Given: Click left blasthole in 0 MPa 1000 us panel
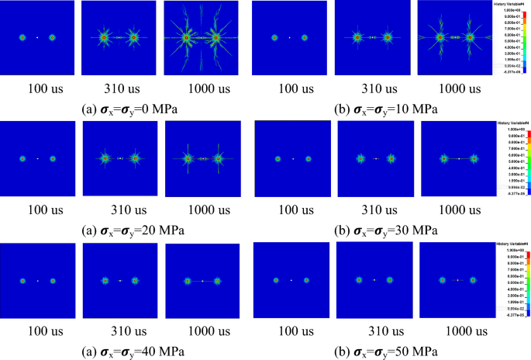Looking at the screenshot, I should (186, 37).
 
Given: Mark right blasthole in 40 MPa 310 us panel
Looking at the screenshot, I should (135, 280).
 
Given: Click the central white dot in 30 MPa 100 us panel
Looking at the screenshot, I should (293, 159).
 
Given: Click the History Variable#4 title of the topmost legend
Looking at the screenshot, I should (509, 4).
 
